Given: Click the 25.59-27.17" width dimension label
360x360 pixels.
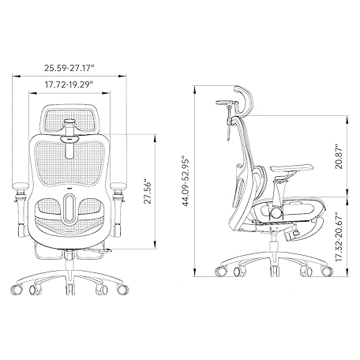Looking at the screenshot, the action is (x=69, y=68).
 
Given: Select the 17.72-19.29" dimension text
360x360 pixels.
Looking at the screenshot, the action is (x=69, y=84).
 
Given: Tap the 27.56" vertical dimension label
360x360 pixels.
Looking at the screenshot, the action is (x=148, y=192).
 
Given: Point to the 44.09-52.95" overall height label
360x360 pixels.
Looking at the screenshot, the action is (x=186, y=182).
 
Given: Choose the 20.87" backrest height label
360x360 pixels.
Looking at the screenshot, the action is (x=339, y=156).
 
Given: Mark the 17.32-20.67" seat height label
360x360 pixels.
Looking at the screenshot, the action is (x=339, y=237).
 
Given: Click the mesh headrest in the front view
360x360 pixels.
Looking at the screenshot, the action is (x=69, y=119).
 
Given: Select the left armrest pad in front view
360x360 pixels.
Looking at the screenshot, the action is (x=21, y=186).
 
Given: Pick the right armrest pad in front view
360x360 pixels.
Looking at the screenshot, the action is (x=118, y=186).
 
